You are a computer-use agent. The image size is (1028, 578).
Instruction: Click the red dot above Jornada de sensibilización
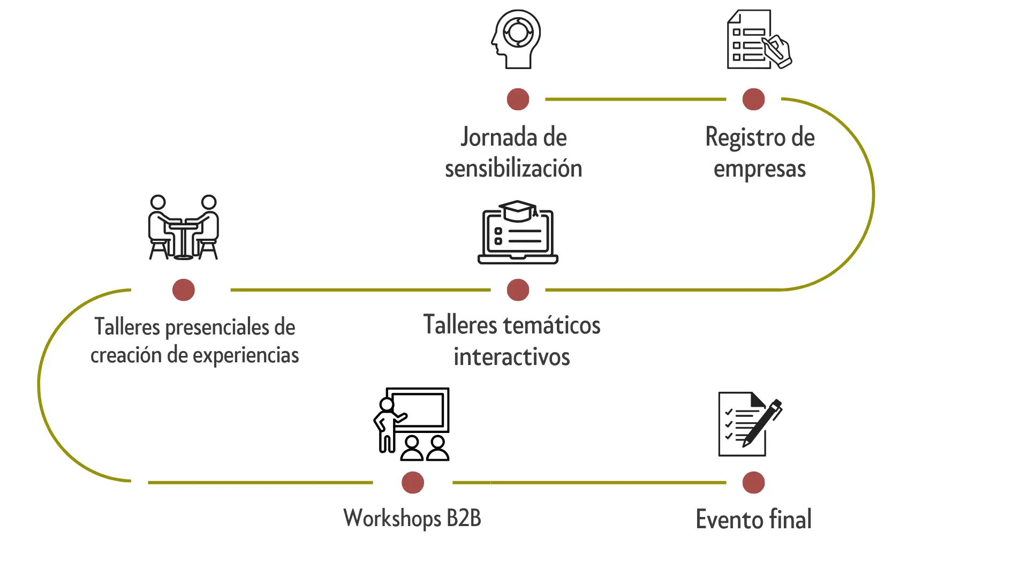pyautogui.click(x=518, y=100)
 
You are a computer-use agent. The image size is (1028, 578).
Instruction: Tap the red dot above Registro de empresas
pyautogui.click(x=753, y=100)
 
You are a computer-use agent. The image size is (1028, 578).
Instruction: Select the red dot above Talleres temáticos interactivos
pyautogui.click(x=518, y=290)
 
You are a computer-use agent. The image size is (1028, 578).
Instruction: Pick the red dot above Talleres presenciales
pyautogui.click(x=184, y=290)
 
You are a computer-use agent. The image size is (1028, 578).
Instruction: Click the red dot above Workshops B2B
pyautogui.click(x=413, y=483)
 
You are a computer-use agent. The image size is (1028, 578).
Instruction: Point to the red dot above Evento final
pyautogui.click(x=753, y=483)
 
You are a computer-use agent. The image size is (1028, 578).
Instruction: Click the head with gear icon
pyautogui.click(x=516, y=39)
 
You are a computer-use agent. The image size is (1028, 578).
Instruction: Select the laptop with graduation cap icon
pyautogui.click(x=518, y=233)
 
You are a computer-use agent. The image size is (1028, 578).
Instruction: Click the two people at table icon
pyautogui.click(x=183, y=227)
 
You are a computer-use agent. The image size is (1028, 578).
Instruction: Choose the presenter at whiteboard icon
pyautogui.click(x=412, y=424)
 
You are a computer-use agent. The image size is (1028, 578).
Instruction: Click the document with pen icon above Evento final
pyautogui.click(x=749, y=424)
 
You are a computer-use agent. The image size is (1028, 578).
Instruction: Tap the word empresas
pyautogui.click(x=759, y=169)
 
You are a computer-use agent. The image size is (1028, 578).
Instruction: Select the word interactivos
pyautogui.click(x=511, y=357)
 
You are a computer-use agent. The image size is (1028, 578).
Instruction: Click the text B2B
pyautogui.click(x=464, y=518)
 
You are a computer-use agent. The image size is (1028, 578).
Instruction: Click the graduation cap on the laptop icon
pyautogui.click(x=517, y=210)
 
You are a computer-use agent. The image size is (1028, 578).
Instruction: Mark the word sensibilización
pyautogui.click(x=513, y=169)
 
